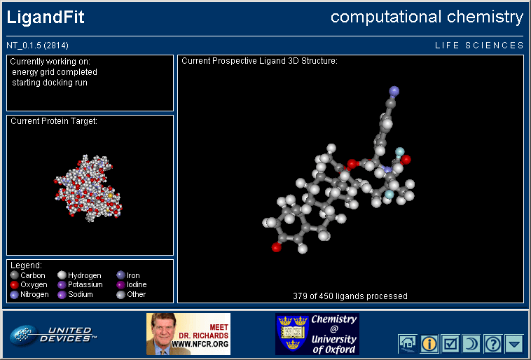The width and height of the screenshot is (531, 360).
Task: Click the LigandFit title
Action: (x=46, y=18)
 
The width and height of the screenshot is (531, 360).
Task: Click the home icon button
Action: (x=408, y=344)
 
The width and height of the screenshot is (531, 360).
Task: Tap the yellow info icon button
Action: (x=429, y=344)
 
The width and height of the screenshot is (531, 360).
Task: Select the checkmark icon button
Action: (x=450, y=344)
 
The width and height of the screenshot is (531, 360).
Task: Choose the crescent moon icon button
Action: (x=471, y=344)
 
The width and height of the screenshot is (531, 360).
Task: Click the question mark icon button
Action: (x=492, y=344)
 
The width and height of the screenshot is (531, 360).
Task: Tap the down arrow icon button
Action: (x=514, y=344)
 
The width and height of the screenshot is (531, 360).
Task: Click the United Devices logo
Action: (x=53, y=335)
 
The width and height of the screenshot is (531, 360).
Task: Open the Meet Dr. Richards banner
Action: (x=188, y=334)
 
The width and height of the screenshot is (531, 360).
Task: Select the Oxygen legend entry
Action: (x=29, y=285)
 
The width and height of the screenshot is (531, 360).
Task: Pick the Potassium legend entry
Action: (x=81, y=285)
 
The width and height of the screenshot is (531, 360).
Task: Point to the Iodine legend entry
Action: (x=132, y=285)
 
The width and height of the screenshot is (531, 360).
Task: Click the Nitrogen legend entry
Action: (x=29, y=295)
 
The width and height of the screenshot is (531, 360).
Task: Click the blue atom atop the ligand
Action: (x=394, y=91)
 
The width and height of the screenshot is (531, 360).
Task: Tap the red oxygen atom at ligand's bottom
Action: (x=276, y=247)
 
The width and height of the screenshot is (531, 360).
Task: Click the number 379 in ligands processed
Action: (x=300, y=296)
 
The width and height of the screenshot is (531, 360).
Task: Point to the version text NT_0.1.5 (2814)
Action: (x=38, y=46)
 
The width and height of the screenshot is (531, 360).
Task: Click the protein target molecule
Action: (x=88, y=188)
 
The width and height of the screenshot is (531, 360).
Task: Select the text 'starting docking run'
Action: (x=50, y=83)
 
